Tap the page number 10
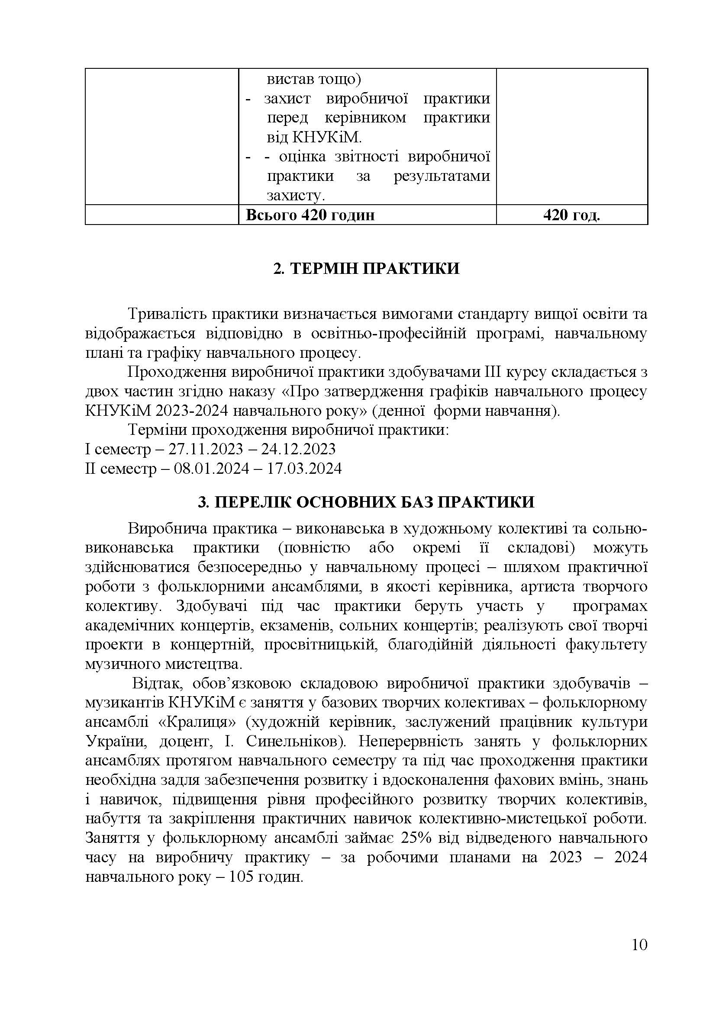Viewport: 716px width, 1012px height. tap(639, 957)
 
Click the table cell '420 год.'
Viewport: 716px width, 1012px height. tap(571, 215)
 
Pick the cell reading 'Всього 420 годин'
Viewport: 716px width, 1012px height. tap(310, 215)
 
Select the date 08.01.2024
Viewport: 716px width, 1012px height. tap(212, 468)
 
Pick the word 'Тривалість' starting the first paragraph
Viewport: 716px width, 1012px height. tap(166, 314)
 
